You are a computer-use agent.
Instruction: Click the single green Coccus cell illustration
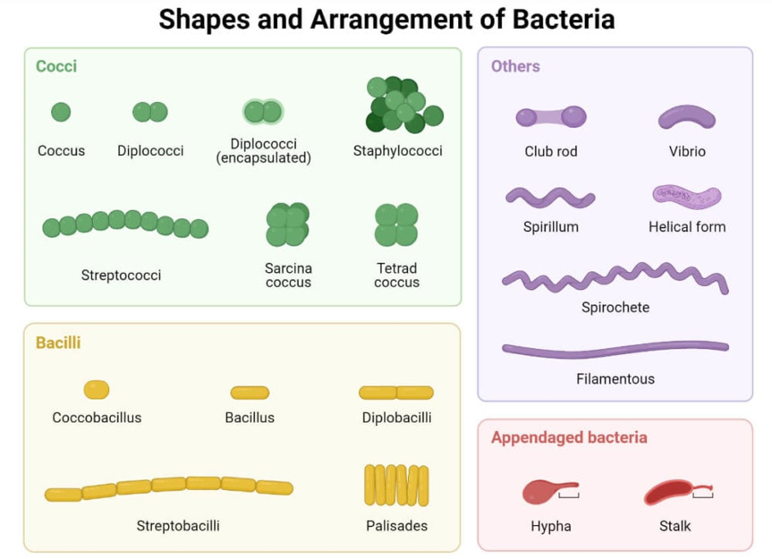(x=61, y=112)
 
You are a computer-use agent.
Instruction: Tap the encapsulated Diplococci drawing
(x=263, y=112)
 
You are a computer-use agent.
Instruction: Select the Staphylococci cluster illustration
(x=403, y=105)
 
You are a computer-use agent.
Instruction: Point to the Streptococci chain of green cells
(x=125, y=224)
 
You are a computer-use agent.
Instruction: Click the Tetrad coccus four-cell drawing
(x=396, y=224)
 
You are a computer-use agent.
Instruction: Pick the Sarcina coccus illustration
(x=287, y=224)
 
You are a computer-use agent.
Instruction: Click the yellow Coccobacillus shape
(x=97, y=389)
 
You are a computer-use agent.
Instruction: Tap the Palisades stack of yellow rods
(x=396, y=485)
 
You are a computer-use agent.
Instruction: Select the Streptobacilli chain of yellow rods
(x=169, y=487)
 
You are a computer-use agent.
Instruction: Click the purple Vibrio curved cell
(x=687, y=117)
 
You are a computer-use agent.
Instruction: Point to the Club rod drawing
(x=551, y=116)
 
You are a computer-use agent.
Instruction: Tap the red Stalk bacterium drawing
(x=669, y=492)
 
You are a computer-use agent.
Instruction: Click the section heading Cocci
(x=56, y=66)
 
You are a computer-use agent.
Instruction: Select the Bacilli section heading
(x=58, y=343)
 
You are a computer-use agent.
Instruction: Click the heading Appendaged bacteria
(x=569, y=437)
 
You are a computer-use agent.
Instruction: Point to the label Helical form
(x=687, y=227)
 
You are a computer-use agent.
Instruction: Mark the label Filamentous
(x=615, y=379)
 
